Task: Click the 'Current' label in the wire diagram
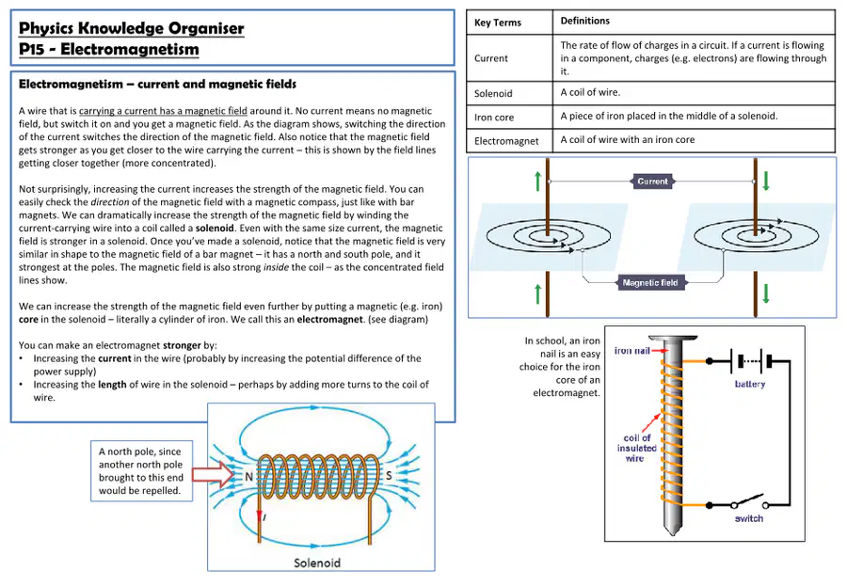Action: pos(652,182)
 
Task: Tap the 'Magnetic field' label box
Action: pos(650,282)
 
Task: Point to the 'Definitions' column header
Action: pos(585,21)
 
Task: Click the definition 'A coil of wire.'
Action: pos(590,92)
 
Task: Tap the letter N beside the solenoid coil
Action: pos(249,476)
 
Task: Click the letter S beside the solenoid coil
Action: pos(389,475)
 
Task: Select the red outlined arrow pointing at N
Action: pos(213,475)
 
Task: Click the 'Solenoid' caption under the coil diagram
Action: pos(317,562)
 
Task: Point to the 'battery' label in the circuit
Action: pos(750,384)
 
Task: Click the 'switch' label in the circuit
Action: pos(749,518)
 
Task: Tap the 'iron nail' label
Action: pos(632,351)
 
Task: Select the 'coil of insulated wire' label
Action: pos(636,449)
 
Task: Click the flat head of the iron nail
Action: pos(673,339)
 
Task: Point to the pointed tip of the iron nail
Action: pos(673,533)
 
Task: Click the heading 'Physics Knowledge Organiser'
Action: pos(131,28)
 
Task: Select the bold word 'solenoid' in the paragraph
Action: pos(215,228)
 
